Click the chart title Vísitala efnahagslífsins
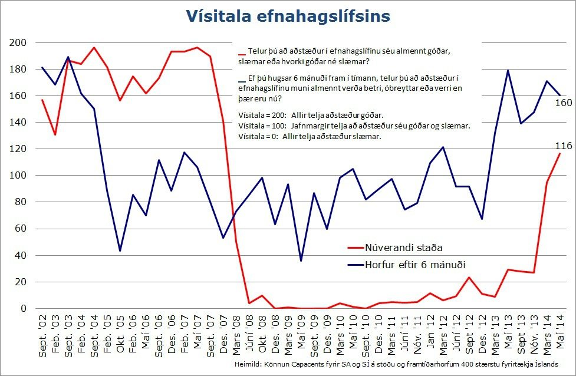tap(288, 16)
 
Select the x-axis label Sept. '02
tap(41, 334)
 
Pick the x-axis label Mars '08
tap(236, 334)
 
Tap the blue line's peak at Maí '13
tap(508, 71)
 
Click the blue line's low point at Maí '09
tap(301, 260)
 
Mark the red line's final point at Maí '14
tap(559, 154)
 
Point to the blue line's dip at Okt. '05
tap(120, 250)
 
